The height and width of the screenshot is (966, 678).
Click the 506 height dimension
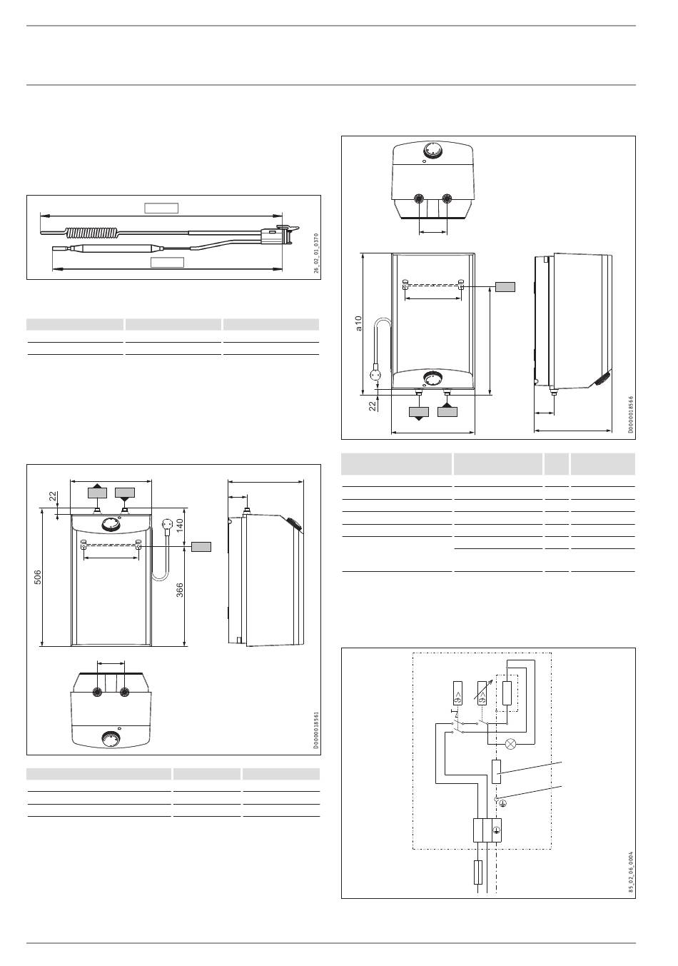click(38, 578)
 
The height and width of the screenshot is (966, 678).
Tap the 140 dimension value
click(180, 525)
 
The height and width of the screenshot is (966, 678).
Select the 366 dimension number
click(180, 590)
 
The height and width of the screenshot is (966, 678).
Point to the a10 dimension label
click(358, 323)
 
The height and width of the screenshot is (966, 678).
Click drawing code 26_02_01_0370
click(316, 253)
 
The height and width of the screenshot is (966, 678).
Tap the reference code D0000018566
click(631, 415)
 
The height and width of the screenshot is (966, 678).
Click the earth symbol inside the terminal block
click(497, 830)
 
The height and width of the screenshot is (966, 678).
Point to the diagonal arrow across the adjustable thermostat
click(482, 689)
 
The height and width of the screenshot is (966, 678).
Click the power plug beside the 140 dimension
click(167, 526)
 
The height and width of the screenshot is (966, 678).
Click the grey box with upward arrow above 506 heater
click(98, 492)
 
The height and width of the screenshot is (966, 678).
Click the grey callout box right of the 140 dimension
click(201, 547)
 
